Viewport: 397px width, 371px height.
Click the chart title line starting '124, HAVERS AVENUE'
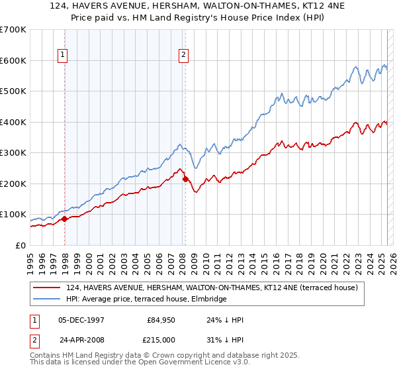pyautogui.click(x=198, y=6)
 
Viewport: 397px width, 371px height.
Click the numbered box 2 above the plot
pyautogui.click(x=183, y=56)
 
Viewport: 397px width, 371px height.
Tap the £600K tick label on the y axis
pyautogui.click(x=13, y=60)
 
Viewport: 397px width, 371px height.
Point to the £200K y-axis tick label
pyautogui.click(x=13, y=184)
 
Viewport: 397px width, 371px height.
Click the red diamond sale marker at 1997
pyautogui.click(x=64, y=219)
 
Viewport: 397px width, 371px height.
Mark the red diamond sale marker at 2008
pyautogui.click(x=185, y=179)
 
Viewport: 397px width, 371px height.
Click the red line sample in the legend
pyautogui.click(x=47, y=288)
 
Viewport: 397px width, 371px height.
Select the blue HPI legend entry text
pyautogui.click(x=146, y=299)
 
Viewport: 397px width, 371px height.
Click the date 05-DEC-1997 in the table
pyautogui.click(x=81, y=319)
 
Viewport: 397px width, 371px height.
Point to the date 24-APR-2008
pyautogui.click(x=81, y=339)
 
